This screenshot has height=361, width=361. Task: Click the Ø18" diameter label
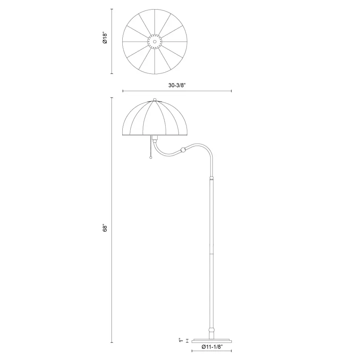pos(105,38)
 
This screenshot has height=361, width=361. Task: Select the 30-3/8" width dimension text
pos(177,85)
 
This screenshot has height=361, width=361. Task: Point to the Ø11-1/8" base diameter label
pos(212,347)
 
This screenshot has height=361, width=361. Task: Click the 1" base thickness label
pos(181,340)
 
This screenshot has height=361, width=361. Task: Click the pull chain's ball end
pos(151,158)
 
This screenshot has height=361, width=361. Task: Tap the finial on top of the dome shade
pos(155,99)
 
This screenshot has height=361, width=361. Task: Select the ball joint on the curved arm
pos(183,150)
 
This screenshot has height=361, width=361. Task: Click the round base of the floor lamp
pos(212,341)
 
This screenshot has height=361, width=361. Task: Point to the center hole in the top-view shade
pos(155,42)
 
